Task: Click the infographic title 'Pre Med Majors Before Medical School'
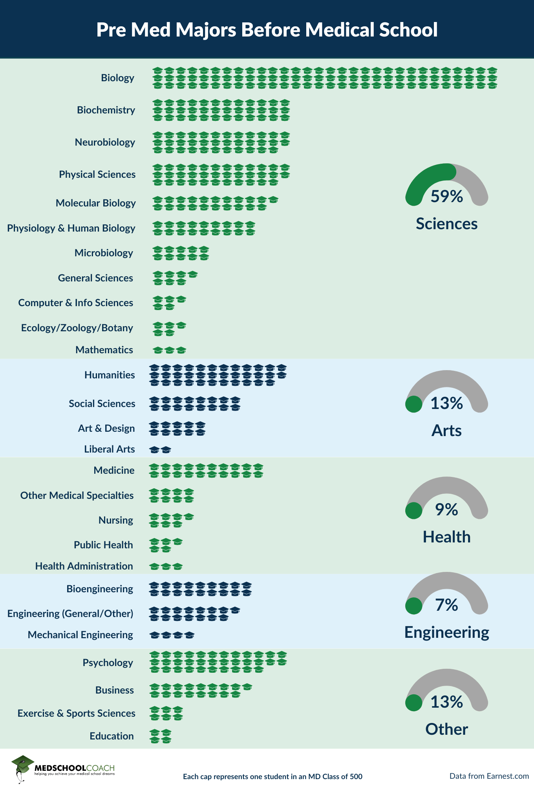point(267,30)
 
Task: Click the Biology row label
point(117,78)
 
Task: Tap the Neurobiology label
point(105,142)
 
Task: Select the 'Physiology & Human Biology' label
point(71,228)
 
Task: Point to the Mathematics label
point(104,350)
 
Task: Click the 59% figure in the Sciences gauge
point(447,196)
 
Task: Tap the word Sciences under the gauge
point(447,224)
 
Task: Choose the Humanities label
point(110,375)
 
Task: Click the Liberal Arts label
point(109,449)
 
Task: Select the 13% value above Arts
point(447,403)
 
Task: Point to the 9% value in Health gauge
point(447,509)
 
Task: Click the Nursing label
point(116,520)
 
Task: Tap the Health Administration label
point(84,566)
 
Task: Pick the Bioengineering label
point(100,589)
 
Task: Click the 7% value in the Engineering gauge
point(447,605)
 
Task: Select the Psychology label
point(108,663)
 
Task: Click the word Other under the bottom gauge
point(447,729)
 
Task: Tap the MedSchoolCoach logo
point(63,769)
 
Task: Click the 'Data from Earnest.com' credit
point(489,776)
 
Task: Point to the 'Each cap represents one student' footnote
point(272,776)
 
